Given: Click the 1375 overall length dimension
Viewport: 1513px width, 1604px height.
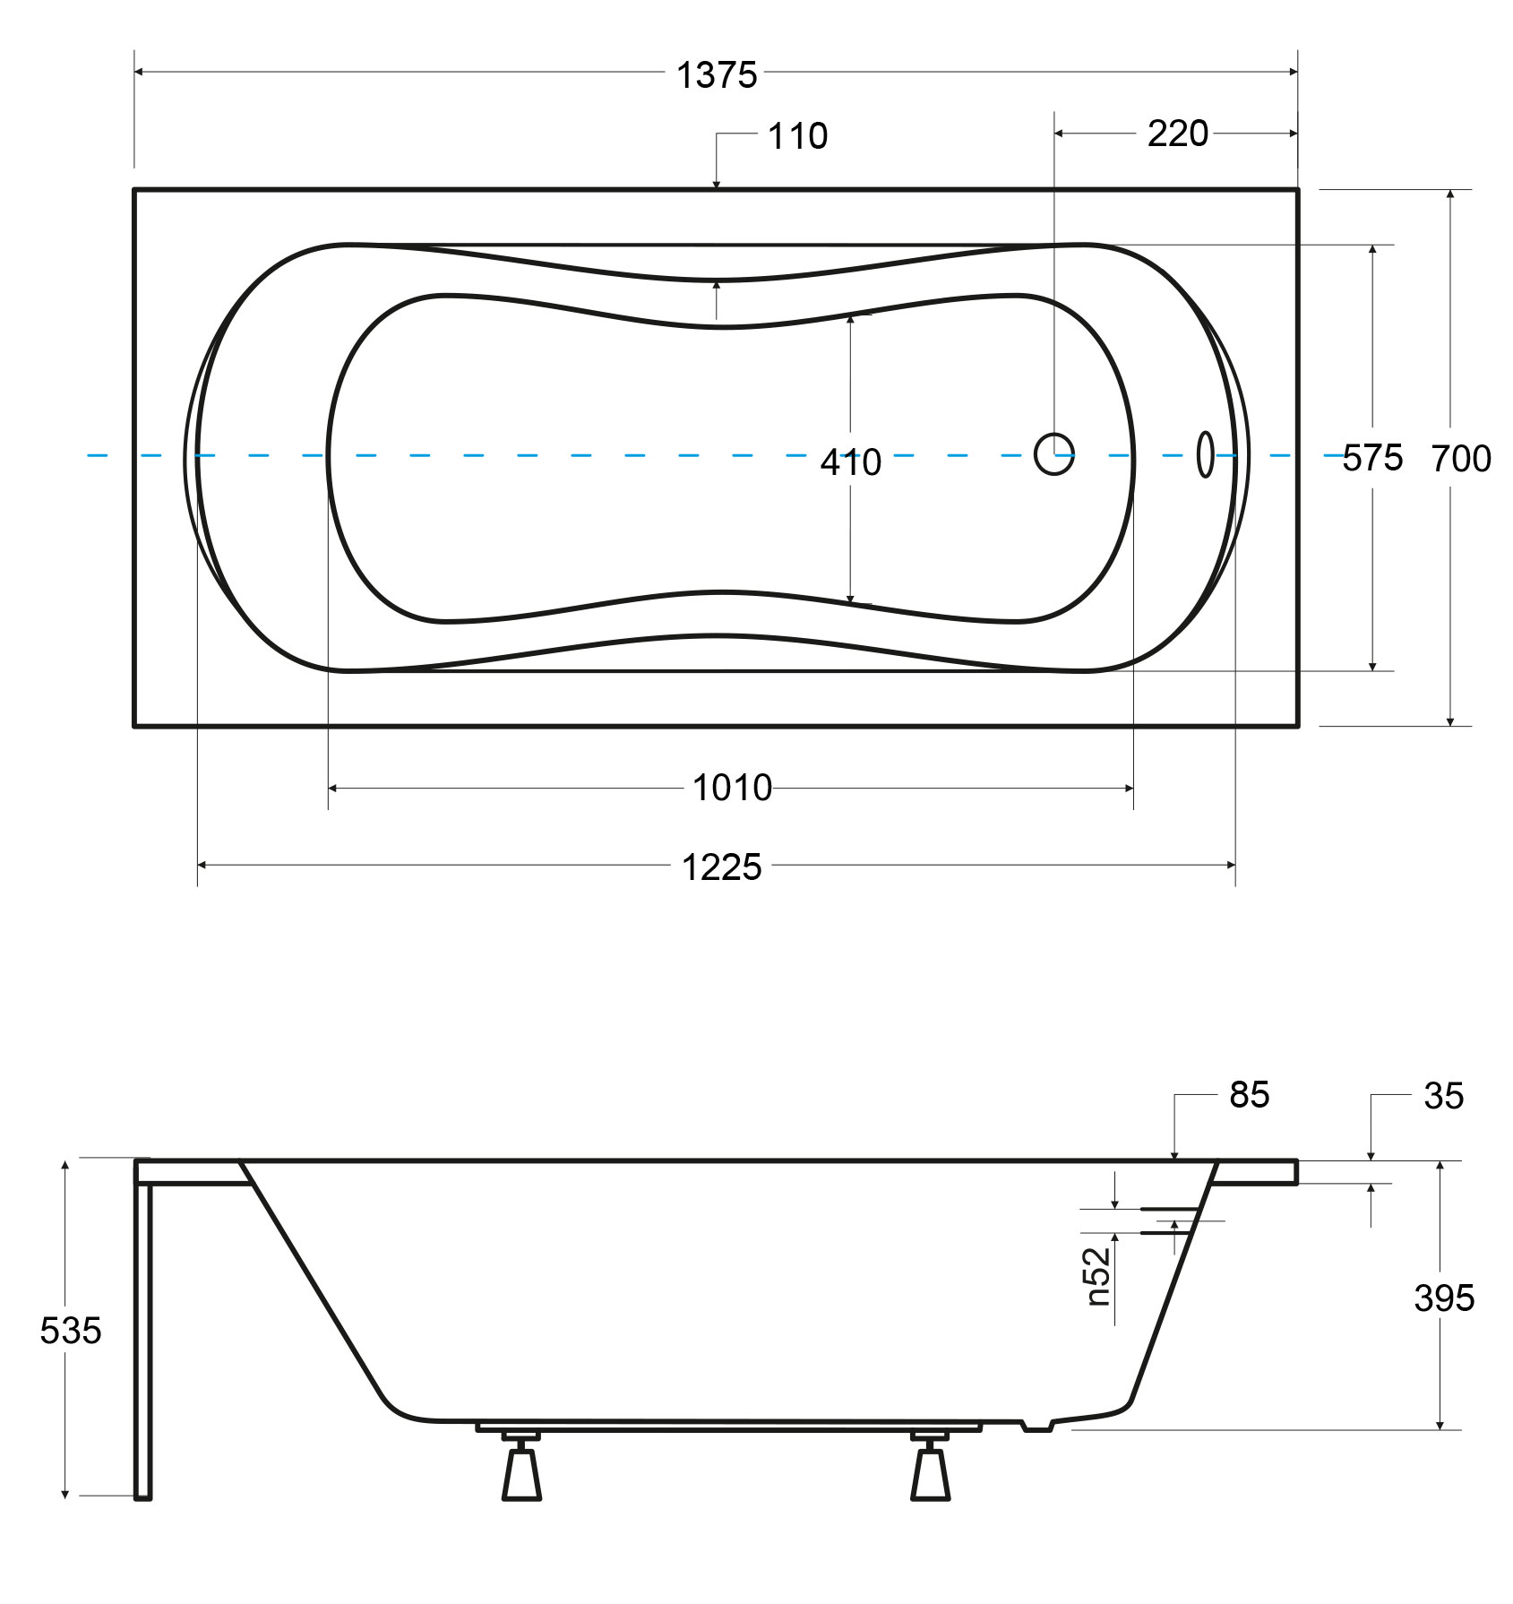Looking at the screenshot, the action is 717,75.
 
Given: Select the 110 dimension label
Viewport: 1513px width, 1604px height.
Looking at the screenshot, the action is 797,136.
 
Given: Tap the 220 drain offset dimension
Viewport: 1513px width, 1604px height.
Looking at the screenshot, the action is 1177,134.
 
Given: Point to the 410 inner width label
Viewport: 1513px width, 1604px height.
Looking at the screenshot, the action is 851,462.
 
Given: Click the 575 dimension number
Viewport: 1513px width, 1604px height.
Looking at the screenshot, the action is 1372,459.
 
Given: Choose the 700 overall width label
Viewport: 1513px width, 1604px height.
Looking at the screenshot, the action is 1461,459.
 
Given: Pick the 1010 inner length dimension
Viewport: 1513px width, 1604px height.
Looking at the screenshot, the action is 732,788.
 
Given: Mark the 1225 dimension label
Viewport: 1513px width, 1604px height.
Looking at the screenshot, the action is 722,867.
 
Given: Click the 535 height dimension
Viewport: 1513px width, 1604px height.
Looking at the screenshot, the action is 71,1331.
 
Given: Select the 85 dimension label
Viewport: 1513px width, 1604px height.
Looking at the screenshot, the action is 1249,1094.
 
